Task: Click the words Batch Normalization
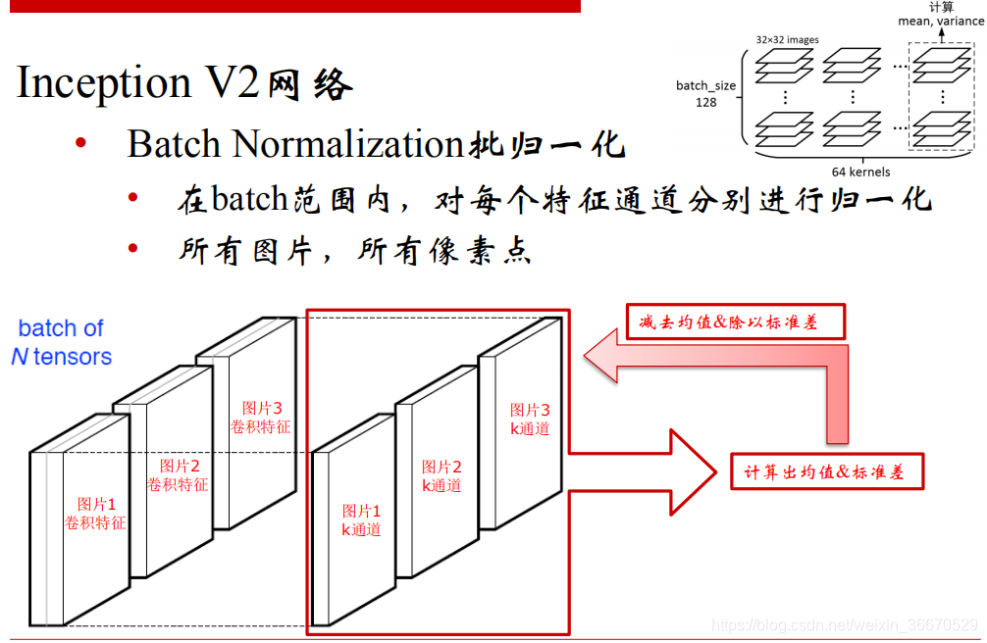click(294, 144)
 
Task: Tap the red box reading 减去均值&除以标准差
click(735, 321)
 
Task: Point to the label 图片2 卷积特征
click(179, 475)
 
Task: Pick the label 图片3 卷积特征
click(261, 418)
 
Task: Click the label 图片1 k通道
click(361, 520)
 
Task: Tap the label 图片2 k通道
click(442, 476)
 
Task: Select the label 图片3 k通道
click(530, 420)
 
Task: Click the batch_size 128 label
click(705, 93)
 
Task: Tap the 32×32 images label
click(787, 40)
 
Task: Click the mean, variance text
click(940, 22)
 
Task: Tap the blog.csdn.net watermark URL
click(843, 624)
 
